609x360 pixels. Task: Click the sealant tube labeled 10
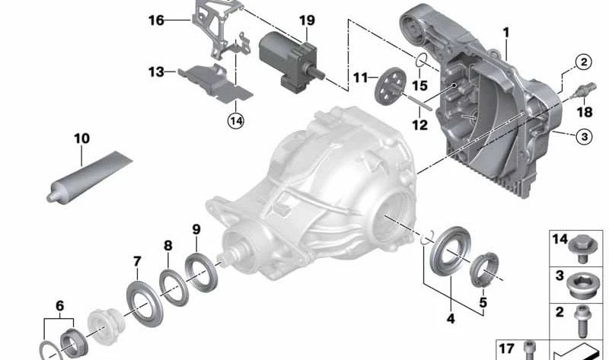coord(89,177)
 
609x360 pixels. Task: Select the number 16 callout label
coord(157,21)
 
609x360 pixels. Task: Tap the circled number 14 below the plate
coord(236,121)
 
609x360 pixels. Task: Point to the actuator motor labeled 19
coord(292,62)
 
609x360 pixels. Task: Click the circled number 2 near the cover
coord(583,62)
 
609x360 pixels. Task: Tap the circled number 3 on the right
coord(584,136)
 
